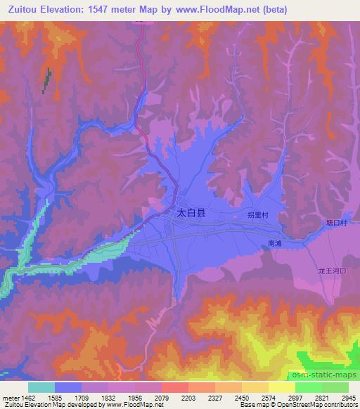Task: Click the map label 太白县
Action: (x=191, y=211)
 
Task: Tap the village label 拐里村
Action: (x=259, y=215)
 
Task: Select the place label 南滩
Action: (x=275, y=242)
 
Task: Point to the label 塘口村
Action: (x=337, y=222)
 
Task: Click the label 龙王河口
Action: (x=330, y=270)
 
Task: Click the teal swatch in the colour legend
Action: (x=41, y=387)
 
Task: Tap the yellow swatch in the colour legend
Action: (x=281, y=387)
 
